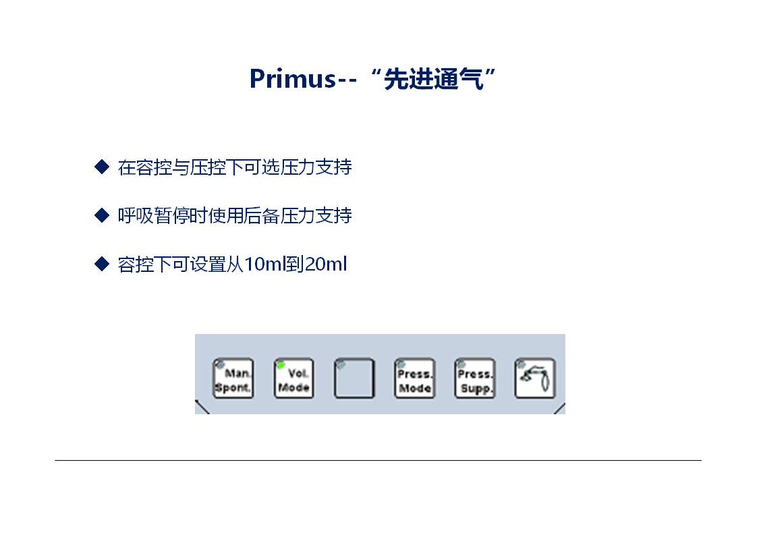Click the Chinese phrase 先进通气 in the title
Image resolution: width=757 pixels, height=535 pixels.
coord(434,79)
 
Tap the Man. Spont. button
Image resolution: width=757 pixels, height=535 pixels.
coord(233,378)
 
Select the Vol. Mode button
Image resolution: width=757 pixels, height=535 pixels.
coord(293,378)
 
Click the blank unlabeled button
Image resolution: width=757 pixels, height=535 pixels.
coord(354,378)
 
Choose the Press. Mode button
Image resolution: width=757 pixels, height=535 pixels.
coord(414,378)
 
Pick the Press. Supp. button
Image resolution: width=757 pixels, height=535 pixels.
coord(474,378)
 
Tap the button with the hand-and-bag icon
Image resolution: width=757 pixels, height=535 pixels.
coord(535,378)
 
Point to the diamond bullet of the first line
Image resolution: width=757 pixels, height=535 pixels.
coord(101,167)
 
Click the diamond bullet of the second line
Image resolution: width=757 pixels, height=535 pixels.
coord(101,215)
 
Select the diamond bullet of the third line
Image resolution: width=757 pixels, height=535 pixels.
coord(101,264)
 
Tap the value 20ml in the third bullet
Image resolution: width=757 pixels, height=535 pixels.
coord(326,264)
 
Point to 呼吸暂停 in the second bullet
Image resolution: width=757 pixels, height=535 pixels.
coord(154,215)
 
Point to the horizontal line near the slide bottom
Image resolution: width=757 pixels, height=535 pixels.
coord(378,460)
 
